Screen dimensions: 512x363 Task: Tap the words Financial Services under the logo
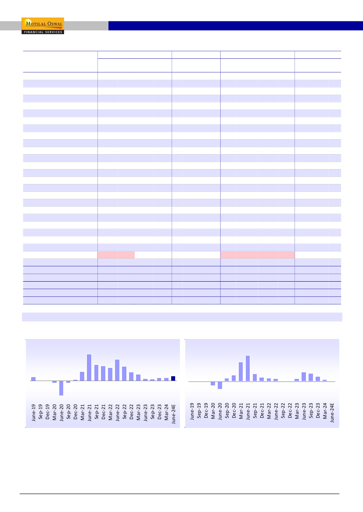(43, 32)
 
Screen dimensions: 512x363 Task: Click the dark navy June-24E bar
(173, 378)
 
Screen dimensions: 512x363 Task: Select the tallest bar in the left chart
(89, 367)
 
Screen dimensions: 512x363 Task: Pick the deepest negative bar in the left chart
(61, 388)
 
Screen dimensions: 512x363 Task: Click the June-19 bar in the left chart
(33, 379)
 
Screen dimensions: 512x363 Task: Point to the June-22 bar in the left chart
(117, 370)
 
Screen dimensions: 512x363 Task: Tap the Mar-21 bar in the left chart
(82, 376)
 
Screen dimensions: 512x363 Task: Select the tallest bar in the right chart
(248, 368)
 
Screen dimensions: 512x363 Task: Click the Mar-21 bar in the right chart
(241, 372)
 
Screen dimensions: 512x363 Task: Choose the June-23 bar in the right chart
(304, 377)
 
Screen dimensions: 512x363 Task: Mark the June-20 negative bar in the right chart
(220, 385)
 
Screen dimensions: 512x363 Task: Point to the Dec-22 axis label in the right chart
(290, 412)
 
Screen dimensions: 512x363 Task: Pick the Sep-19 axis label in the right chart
(199, 412)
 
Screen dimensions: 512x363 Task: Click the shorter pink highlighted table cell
(116, 255)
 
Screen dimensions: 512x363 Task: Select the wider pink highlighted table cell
(257, 255)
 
